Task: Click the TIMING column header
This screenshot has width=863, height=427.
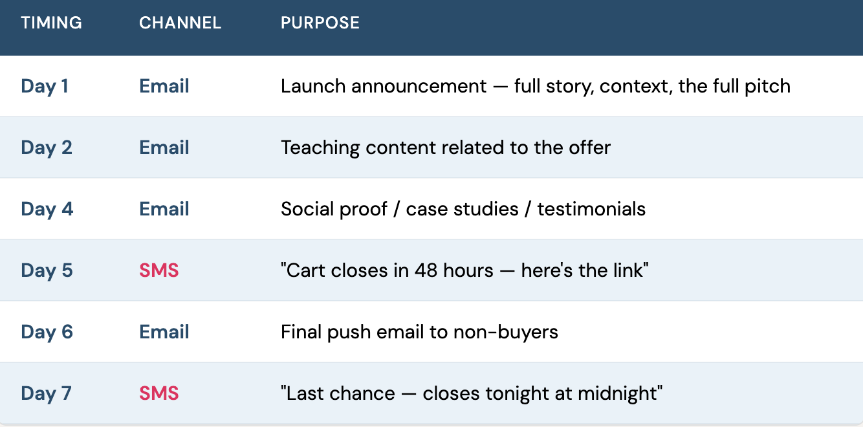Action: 51,23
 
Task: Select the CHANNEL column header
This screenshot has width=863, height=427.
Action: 180,23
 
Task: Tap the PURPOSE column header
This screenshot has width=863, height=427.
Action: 320,23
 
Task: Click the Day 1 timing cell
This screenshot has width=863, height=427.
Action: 45,86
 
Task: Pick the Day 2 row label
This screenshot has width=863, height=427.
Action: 47,148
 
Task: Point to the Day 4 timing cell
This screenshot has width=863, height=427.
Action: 47,209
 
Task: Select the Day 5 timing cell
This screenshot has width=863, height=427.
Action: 47,270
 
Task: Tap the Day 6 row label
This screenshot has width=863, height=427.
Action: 47,332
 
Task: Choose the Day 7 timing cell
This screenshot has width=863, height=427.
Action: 46,393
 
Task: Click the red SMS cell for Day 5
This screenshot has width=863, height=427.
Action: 159,270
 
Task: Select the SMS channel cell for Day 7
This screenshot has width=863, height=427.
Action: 159,393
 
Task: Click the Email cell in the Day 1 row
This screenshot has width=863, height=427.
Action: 164,86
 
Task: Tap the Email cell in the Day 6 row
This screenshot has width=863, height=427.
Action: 164,332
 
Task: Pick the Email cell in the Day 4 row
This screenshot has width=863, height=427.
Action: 164,209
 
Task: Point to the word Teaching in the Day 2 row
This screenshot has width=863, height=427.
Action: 320,148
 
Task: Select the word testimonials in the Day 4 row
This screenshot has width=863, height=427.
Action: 591,209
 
